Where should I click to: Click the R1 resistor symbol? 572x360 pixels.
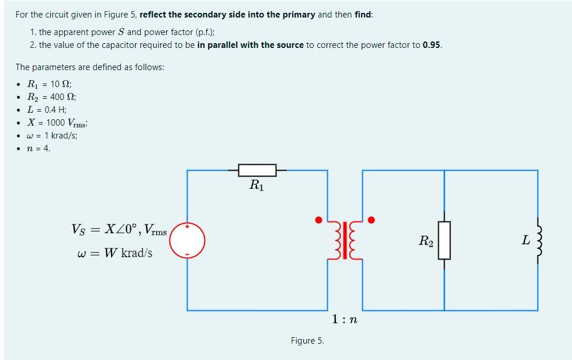257,170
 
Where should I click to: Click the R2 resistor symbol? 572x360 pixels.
444,240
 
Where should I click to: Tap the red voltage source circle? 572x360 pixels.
188,240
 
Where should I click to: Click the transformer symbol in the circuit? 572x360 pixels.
345,240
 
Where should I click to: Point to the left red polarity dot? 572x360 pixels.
318,220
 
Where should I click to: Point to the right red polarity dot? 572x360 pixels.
371,220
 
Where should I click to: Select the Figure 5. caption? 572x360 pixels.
307,341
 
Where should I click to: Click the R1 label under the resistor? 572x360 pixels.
256,186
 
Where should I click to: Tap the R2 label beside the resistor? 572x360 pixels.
426,240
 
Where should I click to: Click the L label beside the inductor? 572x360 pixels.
526,240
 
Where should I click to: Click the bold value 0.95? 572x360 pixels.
432,45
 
